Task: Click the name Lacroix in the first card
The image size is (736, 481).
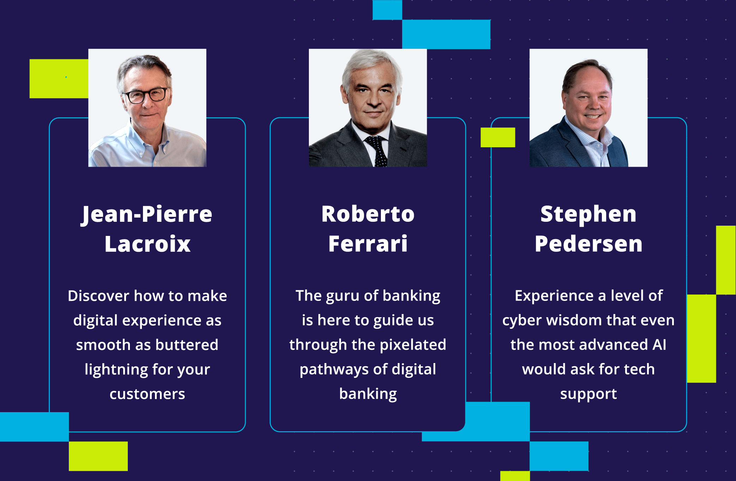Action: pos(148,244)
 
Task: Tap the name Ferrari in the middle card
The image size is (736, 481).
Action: pos(368,244)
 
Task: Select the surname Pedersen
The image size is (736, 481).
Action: pos(588,244)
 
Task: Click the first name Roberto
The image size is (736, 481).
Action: pos(368,214)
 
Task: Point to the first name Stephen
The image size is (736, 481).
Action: pos(588,214)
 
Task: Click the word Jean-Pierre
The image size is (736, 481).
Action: pos(147,214)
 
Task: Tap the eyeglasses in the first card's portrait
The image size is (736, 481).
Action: pos(145,95)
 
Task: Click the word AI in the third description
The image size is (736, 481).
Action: pos(659,345)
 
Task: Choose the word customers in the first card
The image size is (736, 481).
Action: pos(147,394)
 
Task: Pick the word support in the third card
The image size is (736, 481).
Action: pos(588,394)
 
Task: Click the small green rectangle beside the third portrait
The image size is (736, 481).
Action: pos(498,137)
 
